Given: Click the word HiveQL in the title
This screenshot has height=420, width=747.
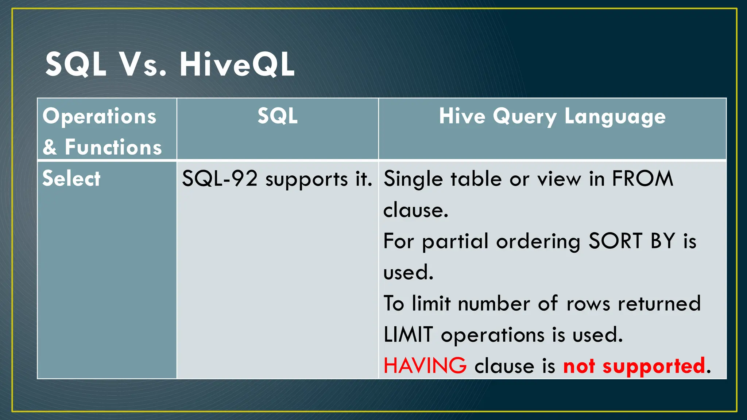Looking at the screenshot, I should click(x=237, y=65).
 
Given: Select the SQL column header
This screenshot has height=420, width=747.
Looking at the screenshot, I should click(x=278, y=116).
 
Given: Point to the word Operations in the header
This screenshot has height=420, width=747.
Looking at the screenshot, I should click(x=99, y=116).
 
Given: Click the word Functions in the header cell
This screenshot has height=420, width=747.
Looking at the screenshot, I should click(x=113, y=147).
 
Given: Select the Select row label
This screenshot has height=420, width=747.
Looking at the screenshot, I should click(x=71, y=179).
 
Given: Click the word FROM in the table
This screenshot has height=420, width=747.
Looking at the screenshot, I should click(x=642, y=179).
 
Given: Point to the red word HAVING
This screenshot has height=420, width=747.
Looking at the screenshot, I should click(x=425, y=366).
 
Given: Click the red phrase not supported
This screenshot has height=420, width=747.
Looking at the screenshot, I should click(x=634, y=366).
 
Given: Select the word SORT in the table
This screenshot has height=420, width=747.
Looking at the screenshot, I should click(x=615, y=241).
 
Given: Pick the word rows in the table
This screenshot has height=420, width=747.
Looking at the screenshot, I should click(x=588, y=304).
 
